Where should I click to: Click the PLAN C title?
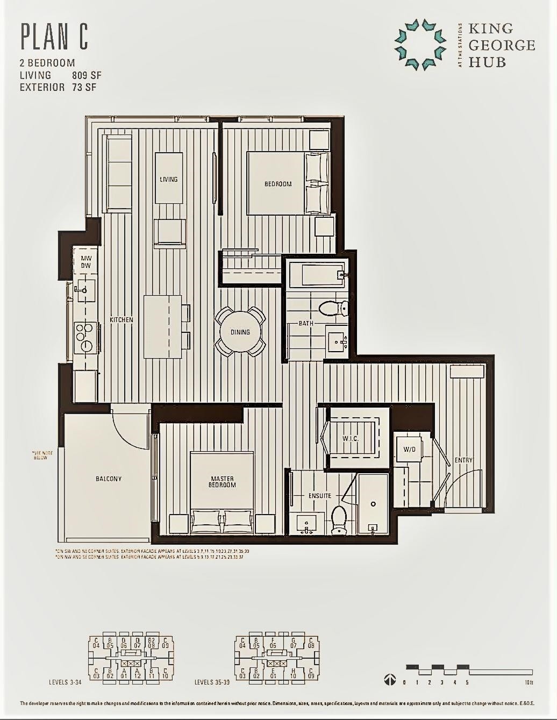(54, 37)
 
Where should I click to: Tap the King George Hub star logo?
(420, 45)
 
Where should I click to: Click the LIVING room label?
(168, 179)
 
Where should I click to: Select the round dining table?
(240, 332)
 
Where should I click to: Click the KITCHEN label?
(121, 320)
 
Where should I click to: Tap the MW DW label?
(86, 262)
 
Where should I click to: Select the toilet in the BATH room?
(333, 308)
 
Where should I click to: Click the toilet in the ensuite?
(339, 520)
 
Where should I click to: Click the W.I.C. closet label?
(350, 439)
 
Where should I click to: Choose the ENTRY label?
(463, 460)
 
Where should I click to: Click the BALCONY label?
(109, 479)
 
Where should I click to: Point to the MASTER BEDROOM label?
(222, 481)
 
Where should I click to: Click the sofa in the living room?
(117, 174)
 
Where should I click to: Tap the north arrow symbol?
(390, 680)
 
